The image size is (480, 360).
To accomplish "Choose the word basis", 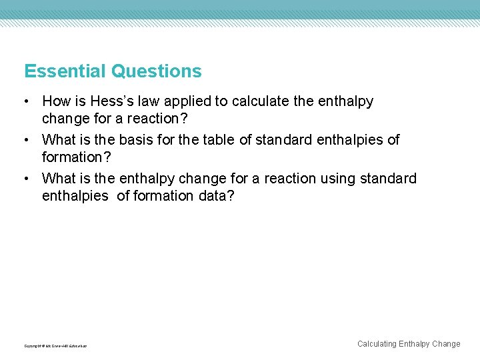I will tap(138, 140).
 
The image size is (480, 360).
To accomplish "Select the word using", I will tap(338, 179).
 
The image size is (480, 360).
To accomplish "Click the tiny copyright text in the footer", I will tap(55, 346).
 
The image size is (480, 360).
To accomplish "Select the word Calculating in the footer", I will tap(377, 344).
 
